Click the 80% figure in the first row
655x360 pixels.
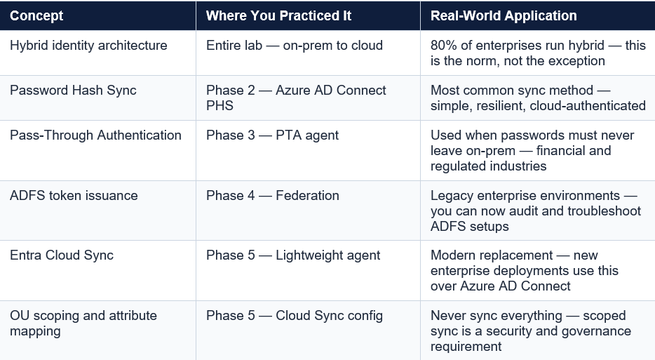[x=445, y=45]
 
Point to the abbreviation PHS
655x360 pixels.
[x=220, y=106]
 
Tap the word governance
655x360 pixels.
[x=592, y=331]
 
